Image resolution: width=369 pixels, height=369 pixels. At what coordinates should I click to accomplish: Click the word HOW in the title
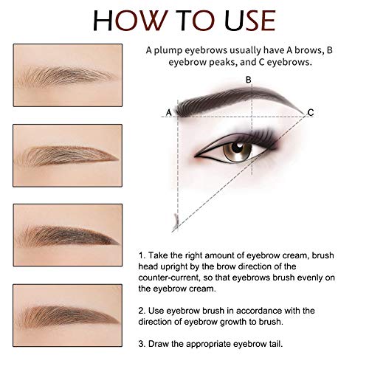coord(129,21)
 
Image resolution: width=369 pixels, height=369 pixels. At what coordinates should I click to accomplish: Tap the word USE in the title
coord(250,21)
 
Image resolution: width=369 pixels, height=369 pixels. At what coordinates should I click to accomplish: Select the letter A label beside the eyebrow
coord(168,112)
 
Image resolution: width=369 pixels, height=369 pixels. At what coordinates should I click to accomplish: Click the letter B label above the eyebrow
coord(249,80)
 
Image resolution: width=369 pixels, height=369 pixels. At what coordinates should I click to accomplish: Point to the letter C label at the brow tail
coord(311,112)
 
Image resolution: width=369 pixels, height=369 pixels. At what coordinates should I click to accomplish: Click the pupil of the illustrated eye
coord(238,147)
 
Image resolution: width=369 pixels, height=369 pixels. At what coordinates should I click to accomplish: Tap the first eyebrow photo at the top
coord(68,75)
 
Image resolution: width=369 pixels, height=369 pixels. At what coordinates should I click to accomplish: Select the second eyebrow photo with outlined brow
coord(68,156)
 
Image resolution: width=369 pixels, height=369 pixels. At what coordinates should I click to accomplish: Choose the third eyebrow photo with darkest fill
coord(68,235)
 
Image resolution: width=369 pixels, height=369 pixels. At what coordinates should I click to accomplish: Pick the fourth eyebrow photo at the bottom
coord(68,315)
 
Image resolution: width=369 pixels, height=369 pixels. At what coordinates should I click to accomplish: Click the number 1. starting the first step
coord(142,255)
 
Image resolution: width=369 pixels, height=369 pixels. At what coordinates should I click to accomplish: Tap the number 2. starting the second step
coord(142,311)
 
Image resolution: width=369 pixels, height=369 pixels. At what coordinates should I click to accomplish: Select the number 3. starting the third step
coord(142,344)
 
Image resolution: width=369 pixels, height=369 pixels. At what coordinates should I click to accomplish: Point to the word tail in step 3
coord(275,344)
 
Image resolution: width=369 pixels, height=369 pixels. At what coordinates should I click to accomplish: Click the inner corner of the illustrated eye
coord(196,156)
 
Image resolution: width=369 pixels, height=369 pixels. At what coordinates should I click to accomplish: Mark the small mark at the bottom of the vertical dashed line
coord(176,221)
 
